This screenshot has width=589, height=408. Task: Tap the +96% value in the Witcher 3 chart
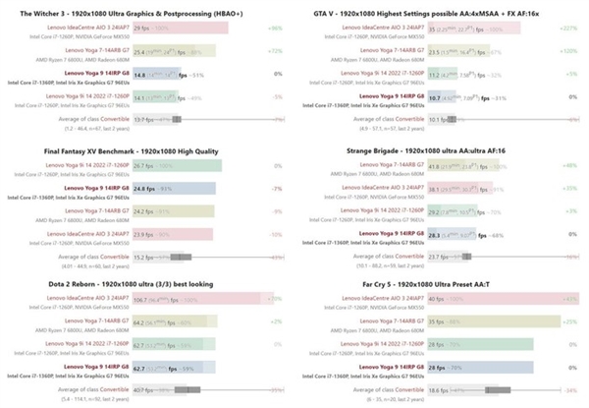275,29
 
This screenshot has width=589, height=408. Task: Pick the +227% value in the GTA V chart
567,29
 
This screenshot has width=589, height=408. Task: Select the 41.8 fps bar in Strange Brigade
441,164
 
